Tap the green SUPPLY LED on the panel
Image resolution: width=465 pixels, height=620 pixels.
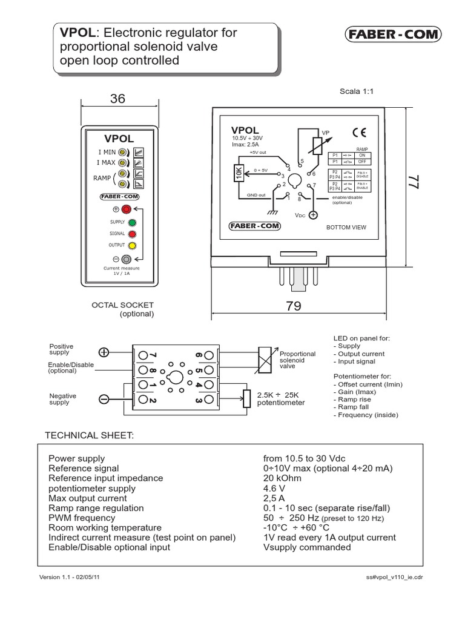click(x=131, y=222)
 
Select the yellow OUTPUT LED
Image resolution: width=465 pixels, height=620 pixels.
click(x=131, y=245)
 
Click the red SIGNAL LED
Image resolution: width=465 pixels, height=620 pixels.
click(x=131, y=234)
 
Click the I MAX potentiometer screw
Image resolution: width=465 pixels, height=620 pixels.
click(x=122, y=163)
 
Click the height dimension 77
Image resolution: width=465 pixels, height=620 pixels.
click(x=413, y=185)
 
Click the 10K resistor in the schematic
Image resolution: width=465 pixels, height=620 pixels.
click(x=238, y=174)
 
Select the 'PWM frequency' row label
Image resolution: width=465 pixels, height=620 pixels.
click(x=82, y=518)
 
